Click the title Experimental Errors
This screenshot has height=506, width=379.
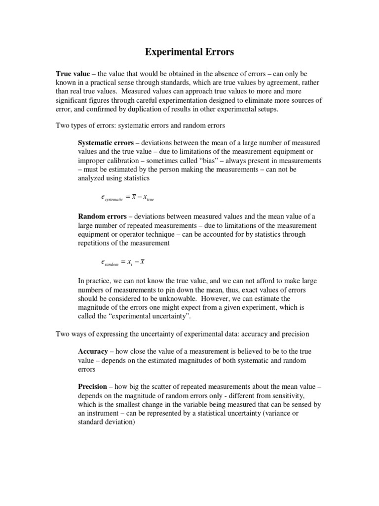tap(189, 52)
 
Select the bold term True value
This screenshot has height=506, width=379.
tap(72, 74)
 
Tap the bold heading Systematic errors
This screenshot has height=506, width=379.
tap(106, 143)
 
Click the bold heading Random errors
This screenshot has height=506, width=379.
tap(102, 216)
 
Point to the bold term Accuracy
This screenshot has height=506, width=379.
tap(93, 351)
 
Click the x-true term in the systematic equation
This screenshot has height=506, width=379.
tap(147, 198)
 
